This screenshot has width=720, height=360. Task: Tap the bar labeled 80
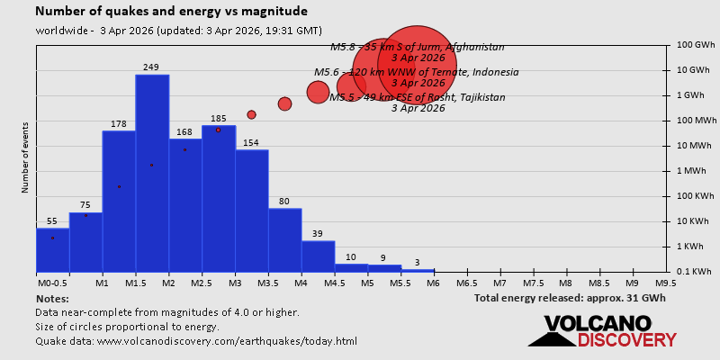tap(284, 239)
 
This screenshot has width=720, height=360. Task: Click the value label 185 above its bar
tap(219, 119)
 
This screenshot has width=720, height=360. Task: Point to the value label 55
tap(52, 221)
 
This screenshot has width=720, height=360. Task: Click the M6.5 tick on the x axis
tap(466, 283)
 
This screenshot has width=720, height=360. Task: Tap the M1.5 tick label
tap(135, 283)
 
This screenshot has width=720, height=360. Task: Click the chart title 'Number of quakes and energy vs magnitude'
tap(171, 12)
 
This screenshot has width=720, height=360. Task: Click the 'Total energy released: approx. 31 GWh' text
tap(570, 299)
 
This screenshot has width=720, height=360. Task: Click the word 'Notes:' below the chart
tap(52, 299)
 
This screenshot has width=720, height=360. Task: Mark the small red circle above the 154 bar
tap(251, 114)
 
